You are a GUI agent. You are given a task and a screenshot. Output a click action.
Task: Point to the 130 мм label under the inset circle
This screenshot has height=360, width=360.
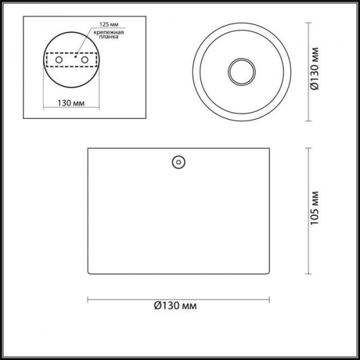[x=71, y=103]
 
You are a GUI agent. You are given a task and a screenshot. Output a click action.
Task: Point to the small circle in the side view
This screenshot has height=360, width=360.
[x=178, y=162]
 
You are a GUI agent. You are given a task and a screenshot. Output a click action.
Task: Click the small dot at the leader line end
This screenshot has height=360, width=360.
[x=76, y=58]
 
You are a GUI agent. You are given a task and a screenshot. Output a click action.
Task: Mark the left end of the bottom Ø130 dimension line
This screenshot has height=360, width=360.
[x=88, y=298]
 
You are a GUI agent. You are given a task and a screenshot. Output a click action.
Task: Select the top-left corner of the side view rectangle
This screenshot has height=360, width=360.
[x=88, y=148]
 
